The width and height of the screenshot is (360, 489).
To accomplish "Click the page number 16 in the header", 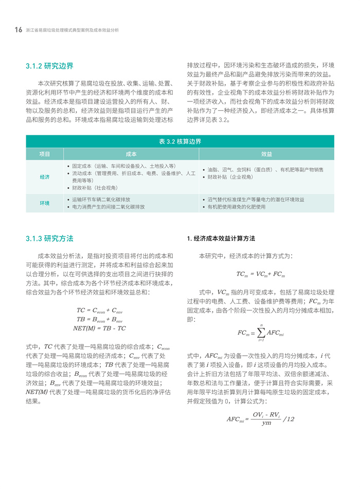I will [x=18, y=30].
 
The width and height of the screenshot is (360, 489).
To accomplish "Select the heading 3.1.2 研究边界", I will [x=49, y=66].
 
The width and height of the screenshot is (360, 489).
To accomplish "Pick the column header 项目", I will [x=45, y=154].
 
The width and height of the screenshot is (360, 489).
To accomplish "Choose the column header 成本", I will [x=131, y=154].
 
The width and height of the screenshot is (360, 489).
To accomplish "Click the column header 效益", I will [x=266, y=154].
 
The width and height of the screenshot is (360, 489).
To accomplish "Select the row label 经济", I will [x=45, y=177].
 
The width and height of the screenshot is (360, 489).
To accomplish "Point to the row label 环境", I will [x=45, y=203].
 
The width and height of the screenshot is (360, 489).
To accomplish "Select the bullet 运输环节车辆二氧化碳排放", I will [x=101, y=199].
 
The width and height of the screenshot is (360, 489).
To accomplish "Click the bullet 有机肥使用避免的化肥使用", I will [x=237, y=207].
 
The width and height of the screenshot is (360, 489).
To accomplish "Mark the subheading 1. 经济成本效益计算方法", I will [x=221, y=239].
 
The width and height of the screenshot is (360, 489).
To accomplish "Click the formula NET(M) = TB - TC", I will [x=99, y=328].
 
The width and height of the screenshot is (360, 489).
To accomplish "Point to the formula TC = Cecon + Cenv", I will [x=99, y=310].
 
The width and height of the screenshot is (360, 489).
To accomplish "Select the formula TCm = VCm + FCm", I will [x=260, y=274].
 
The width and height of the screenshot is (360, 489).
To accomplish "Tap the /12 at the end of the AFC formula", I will [x=288, y=419].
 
